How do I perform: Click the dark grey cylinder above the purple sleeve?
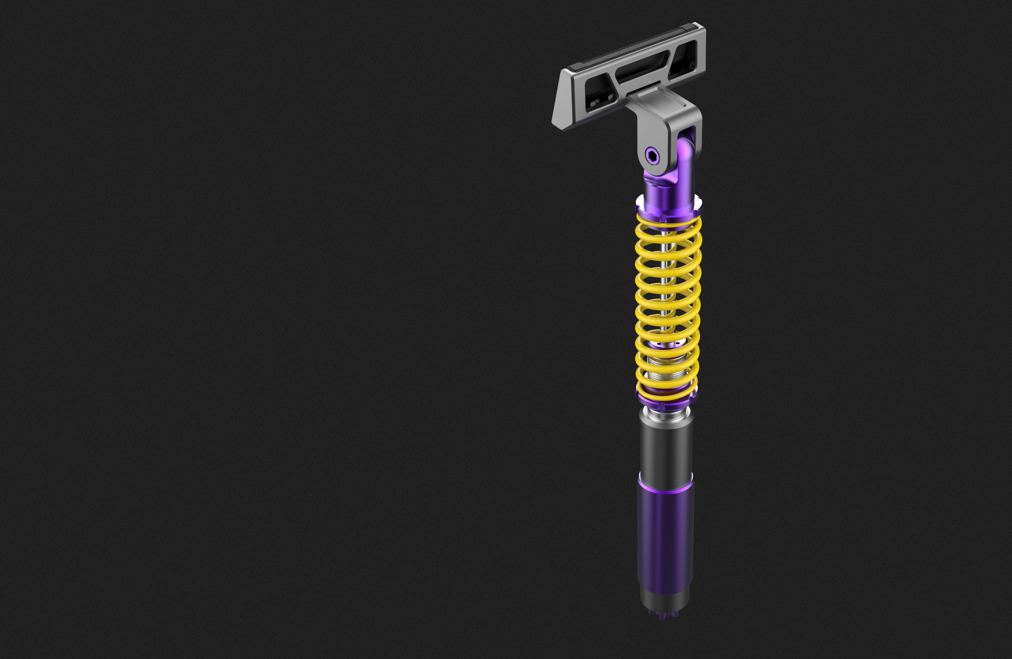(666, 451)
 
